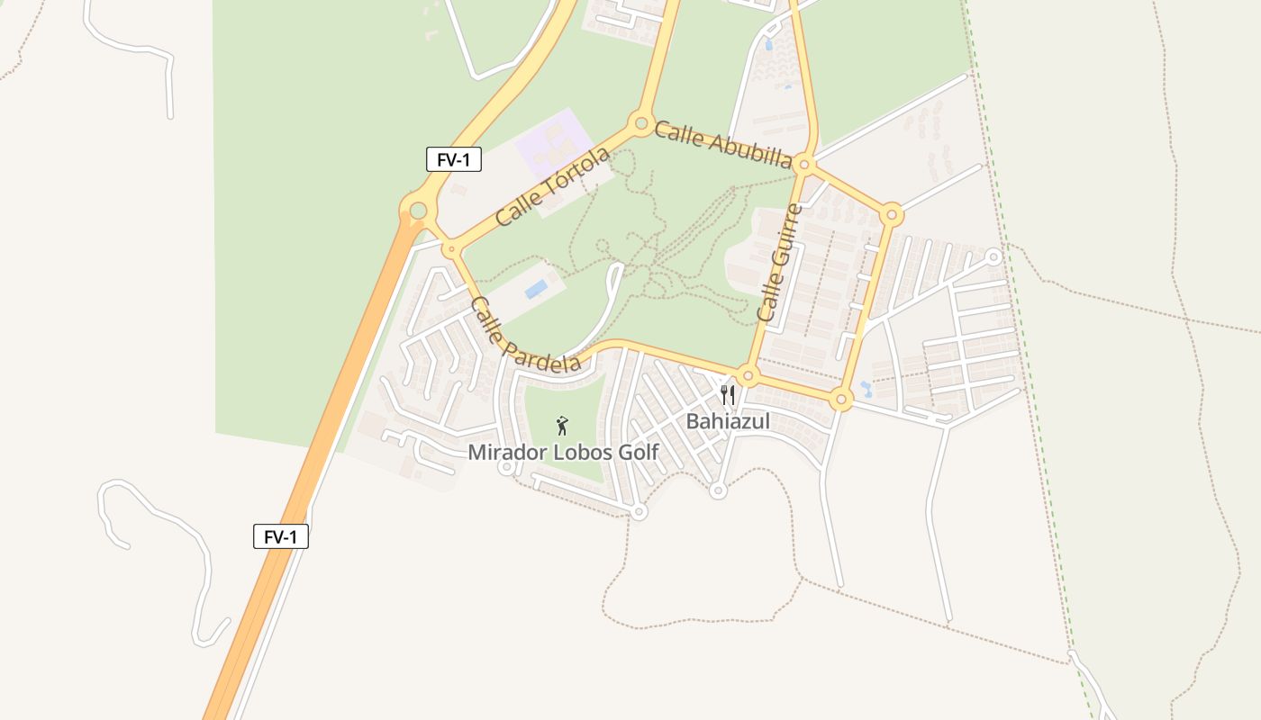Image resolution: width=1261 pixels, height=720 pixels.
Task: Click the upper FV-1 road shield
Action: (454, 160)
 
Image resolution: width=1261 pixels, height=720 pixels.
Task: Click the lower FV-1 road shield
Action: (281, 537)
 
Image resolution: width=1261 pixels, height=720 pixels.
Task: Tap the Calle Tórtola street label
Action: (552, 186)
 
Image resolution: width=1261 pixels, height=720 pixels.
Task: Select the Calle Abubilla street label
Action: (723, 144)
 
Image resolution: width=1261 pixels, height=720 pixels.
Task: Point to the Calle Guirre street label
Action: (779, 263)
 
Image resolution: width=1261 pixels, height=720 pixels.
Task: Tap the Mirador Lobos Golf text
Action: (563, 452)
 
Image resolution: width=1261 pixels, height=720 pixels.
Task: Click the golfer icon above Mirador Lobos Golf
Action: (563, 425)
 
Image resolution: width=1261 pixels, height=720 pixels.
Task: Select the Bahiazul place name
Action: (728, 420)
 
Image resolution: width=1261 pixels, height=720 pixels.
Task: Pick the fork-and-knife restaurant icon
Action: (728, 394)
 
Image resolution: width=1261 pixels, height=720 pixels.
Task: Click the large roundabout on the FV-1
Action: (418, 211)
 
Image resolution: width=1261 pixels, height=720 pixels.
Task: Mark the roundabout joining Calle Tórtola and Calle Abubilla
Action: (641, 122)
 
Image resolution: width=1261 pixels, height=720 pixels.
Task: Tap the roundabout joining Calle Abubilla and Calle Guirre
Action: (804, 166)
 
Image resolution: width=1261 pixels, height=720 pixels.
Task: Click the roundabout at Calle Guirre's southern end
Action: (748, 375)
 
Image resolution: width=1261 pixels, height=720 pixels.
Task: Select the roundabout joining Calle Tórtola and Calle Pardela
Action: (450, 248)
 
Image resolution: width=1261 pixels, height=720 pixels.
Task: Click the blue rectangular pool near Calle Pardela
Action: (536, 289)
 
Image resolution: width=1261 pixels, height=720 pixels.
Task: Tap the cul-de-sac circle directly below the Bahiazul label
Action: (718, 490)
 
